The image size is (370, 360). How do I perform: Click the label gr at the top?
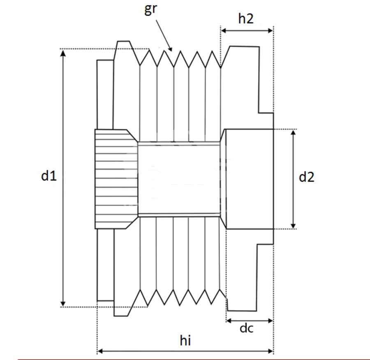tap(151, 9)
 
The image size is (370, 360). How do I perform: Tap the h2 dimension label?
tap(246, 18)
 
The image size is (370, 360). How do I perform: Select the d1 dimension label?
tap(49, 176)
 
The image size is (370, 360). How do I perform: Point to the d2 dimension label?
tap(307, 177)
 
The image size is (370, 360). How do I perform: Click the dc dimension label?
tap(246, 329)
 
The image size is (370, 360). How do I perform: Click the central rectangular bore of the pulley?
tap(179, 179)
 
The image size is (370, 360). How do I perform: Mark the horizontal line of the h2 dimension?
tap(247, 30)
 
